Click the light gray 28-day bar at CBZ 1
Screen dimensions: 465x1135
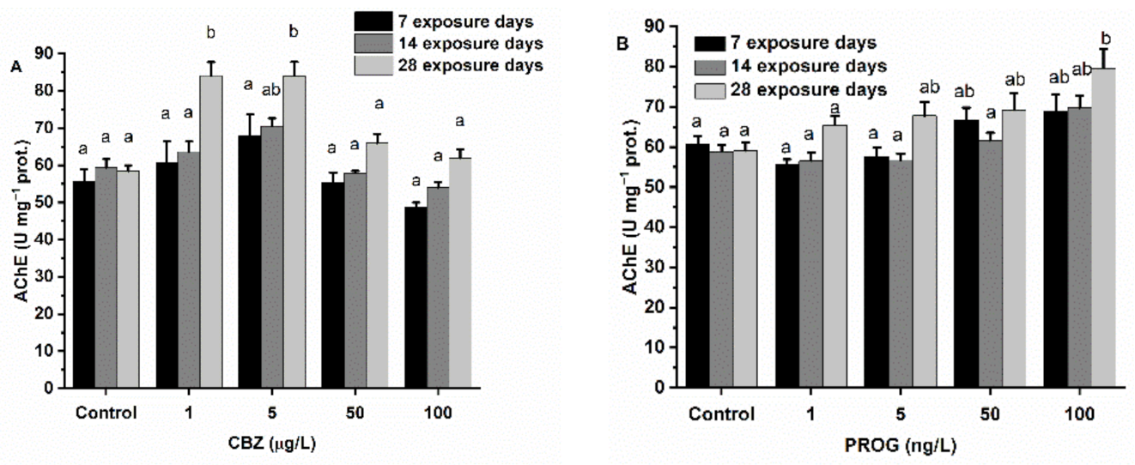point(211,232)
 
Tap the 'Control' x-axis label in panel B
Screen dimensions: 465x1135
point(721,415)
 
